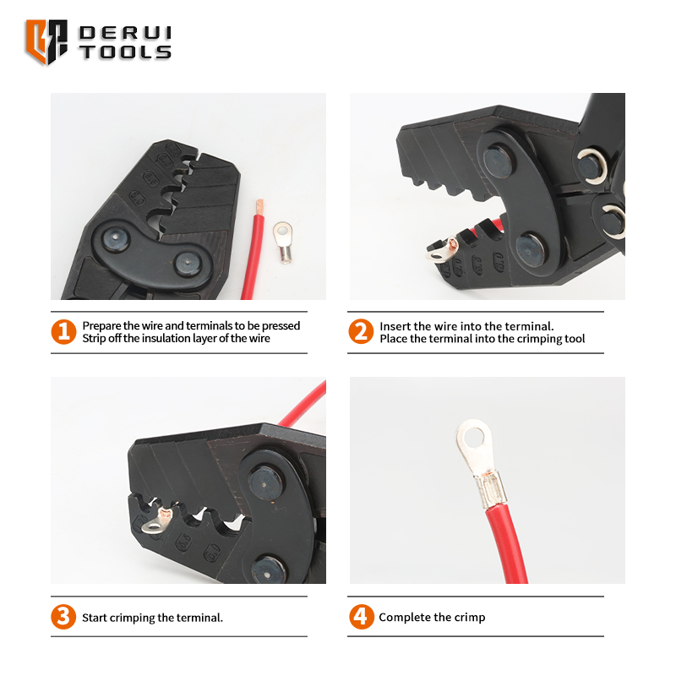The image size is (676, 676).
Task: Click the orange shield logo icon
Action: point(46,41)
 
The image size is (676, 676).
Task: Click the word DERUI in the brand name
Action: point(125,33)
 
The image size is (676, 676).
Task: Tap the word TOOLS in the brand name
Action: point(125,52)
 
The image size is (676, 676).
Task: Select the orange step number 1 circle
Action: point(64,331)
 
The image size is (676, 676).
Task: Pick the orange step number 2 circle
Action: point(361,331)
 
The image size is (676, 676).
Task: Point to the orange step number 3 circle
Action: point(63,617)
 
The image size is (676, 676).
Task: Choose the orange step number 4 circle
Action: point(362,617)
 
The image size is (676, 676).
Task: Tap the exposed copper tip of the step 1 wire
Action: point(259,207)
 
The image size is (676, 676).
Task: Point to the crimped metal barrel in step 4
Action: point(491,489)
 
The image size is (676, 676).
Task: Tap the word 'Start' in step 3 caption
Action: point(95,618)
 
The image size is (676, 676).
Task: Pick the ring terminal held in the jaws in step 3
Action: point(158,520)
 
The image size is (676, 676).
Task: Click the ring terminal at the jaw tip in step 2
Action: point(441,249)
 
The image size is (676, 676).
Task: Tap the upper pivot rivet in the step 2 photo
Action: point(498,161)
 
